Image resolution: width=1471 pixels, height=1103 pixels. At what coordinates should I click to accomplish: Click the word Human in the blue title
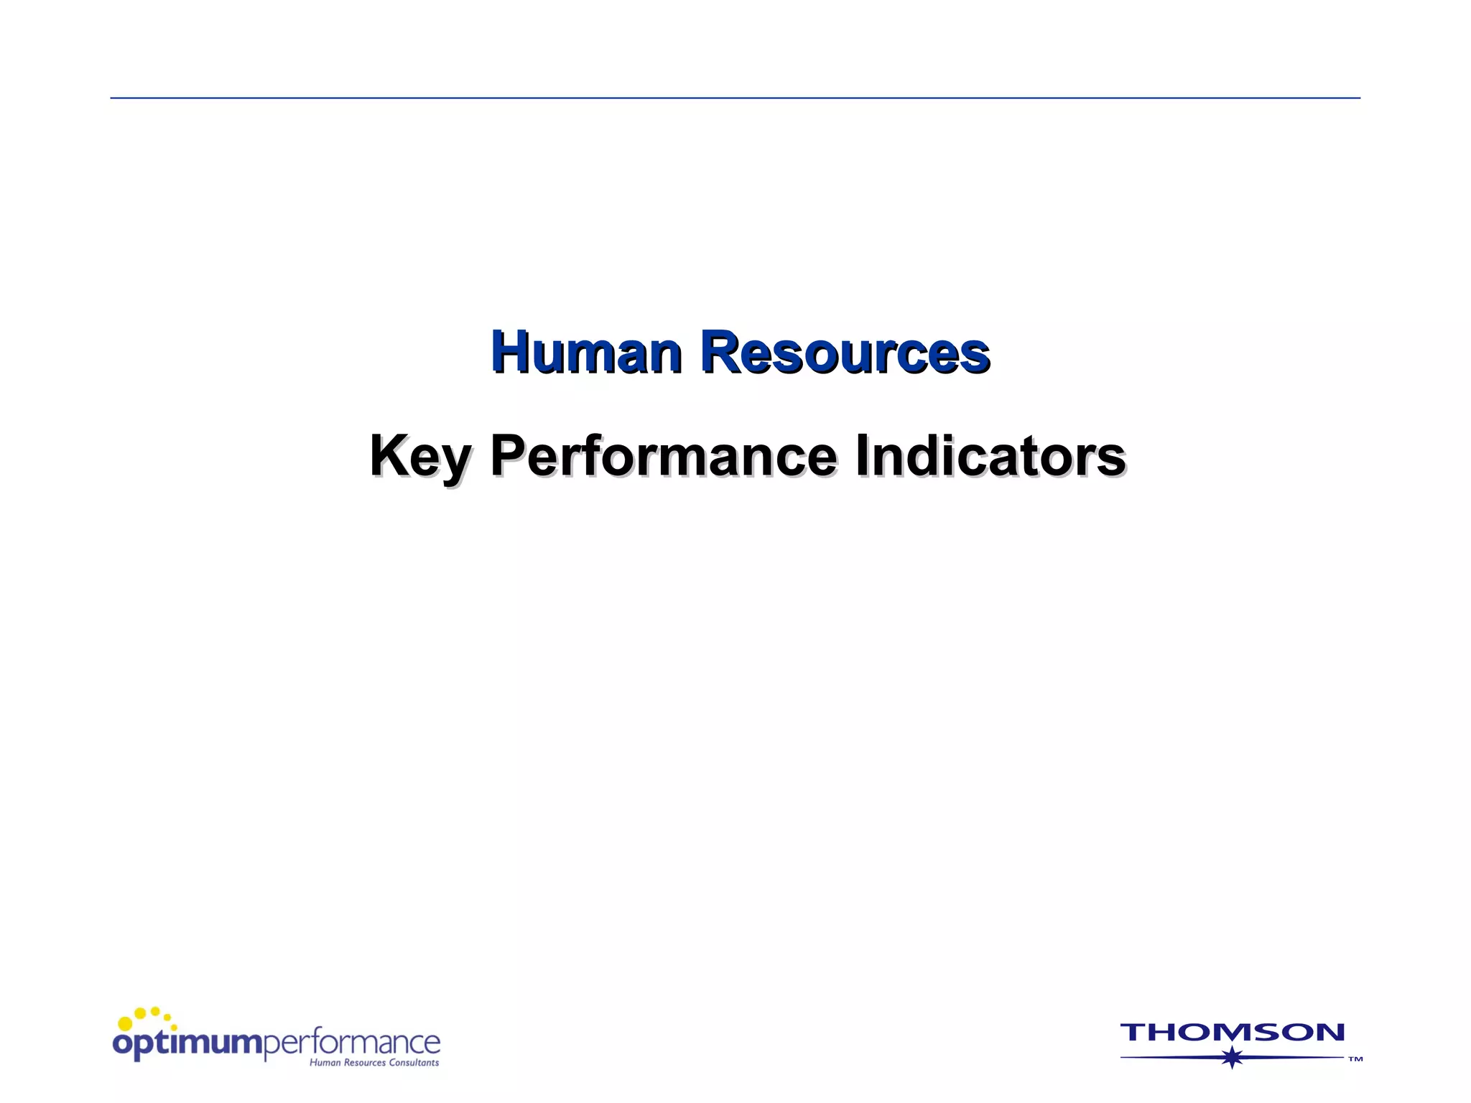[586, 352]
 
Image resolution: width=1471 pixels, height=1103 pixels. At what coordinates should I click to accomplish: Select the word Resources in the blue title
[845, 352]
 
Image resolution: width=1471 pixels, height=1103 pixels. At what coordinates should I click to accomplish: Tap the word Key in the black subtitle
[420, 457]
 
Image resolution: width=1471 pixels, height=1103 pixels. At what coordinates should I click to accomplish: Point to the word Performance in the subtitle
[663, 455]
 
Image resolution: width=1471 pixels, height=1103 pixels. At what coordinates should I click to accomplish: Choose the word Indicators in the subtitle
[990, 455]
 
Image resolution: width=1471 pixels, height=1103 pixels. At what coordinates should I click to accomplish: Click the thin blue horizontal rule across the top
[735, 98]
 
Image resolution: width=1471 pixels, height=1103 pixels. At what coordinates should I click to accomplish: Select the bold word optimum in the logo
[188, 1043]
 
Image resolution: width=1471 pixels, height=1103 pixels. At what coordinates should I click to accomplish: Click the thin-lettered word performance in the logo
[352, 1043]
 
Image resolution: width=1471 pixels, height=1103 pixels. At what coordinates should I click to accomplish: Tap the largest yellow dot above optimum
[125, 1023]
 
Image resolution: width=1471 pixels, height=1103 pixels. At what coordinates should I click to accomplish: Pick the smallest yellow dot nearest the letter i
[174, 1028]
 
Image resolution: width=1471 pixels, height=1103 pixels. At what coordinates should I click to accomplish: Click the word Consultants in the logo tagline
[414, 1063]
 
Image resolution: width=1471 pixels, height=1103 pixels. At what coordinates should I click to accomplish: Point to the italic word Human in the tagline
[325, 1063]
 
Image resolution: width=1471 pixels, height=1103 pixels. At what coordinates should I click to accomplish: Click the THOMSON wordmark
[1232, 1033]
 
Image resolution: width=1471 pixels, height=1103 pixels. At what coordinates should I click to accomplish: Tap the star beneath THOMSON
[1233, 1058]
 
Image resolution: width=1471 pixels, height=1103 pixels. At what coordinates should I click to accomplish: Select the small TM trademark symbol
[1355, 1059]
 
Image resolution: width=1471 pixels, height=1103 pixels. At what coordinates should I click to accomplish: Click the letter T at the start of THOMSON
[1134, 1033]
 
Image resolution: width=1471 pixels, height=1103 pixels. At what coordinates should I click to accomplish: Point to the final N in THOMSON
[1329, 1033]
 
